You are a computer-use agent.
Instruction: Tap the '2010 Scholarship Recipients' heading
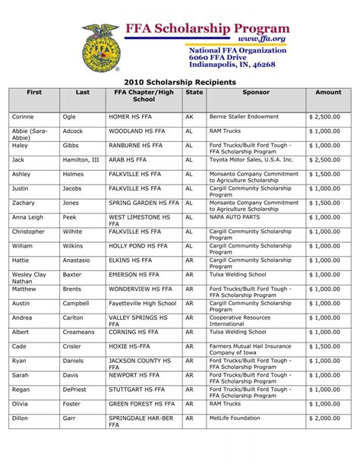coord(180,79)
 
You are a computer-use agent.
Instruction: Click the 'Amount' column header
coord(328,92)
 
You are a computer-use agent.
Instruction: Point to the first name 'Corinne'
coord(23,118)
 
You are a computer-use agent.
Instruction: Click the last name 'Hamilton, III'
coord(81,160)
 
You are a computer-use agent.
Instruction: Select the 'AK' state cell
coord(190,118)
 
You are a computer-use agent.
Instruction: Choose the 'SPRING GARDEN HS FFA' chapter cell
coord(142,203)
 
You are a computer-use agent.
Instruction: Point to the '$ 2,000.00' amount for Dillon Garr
coord(324,417)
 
